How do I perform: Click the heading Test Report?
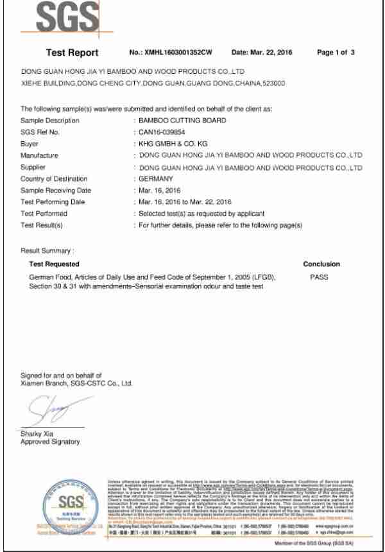point(73,53)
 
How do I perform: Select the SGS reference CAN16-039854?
point(162,132)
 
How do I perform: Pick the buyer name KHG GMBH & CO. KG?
point(168,144)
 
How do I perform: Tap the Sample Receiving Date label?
point(56,191)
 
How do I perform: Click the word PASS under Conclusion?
point(319,275)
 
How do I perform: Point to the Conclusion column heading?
point(321,264)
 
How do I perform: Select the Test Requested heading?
point(55,264)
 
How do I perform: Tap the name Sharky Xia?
point(36,434)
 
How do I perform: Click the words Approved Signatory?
point(51,442)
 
